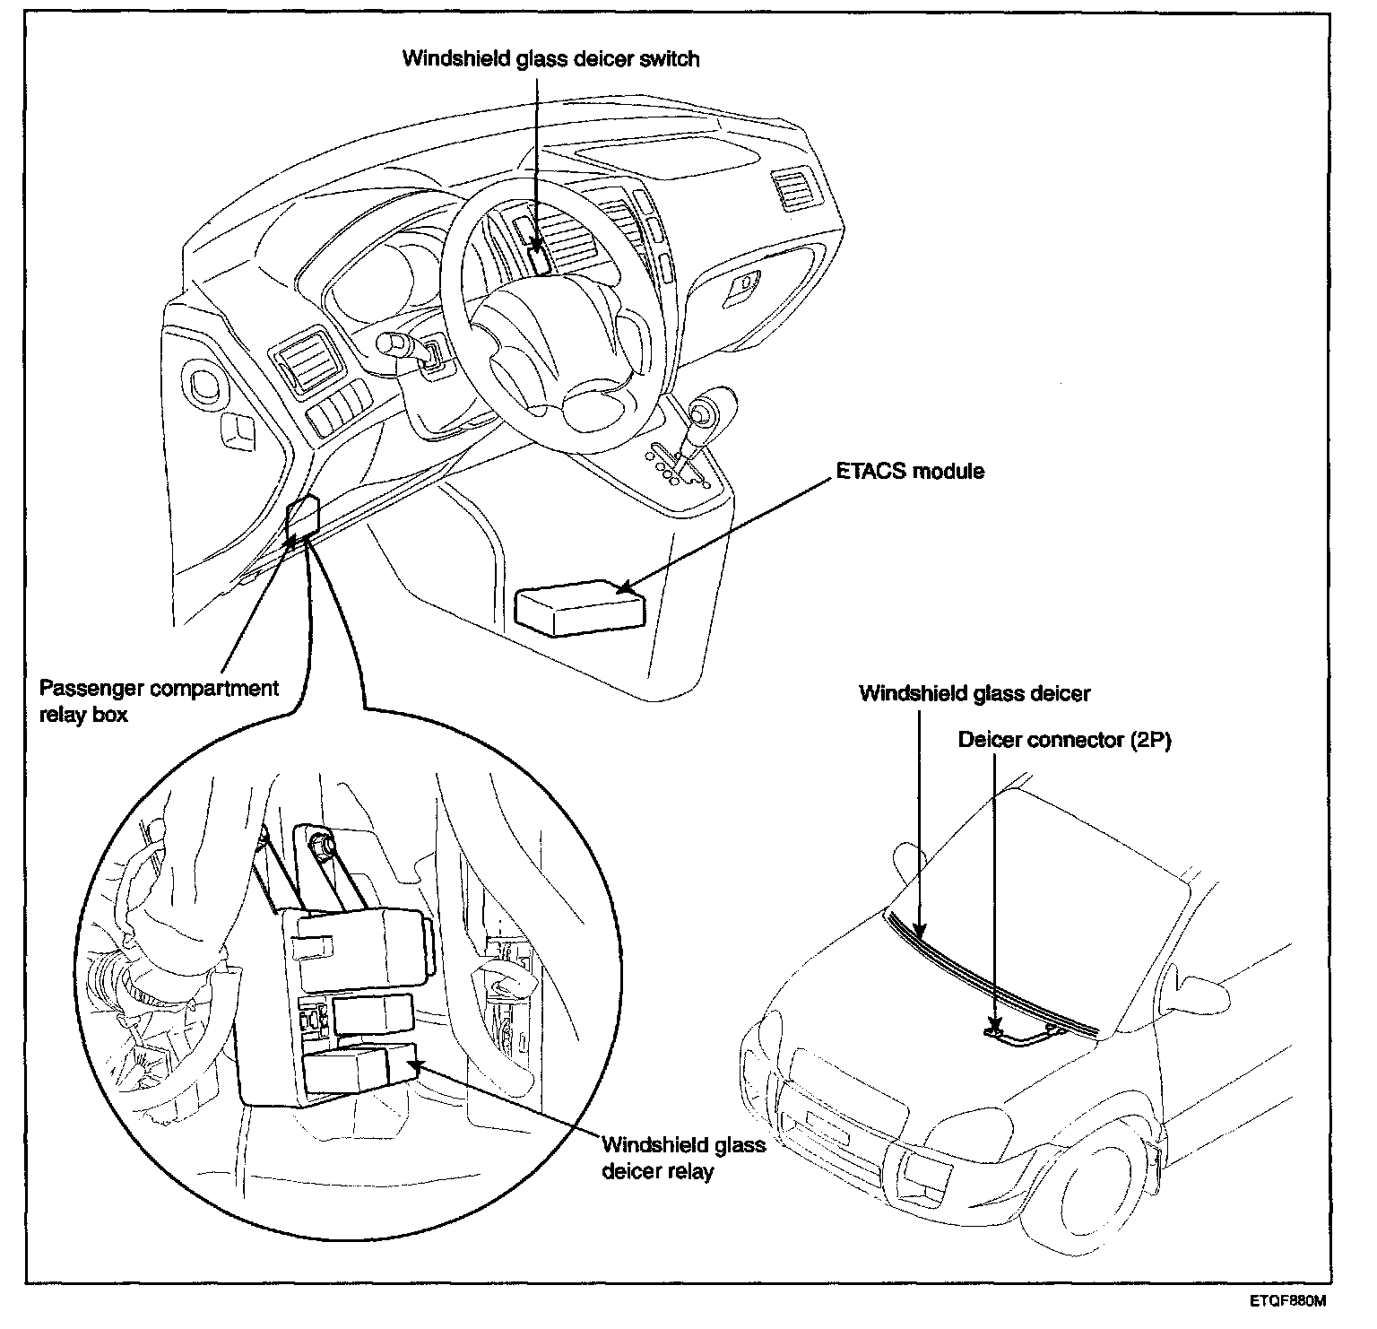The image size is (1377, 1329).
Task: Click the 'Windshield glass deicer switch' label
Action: click(x=550, y=59)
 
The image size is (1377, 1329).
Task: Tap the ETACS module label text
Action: click(x=911, y=470)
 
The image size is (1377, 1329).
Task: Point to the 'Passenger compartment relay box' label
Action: click(x=159, y=702)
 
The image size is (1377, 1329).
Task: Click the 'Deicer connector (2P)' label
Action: click(x=1065, y=740)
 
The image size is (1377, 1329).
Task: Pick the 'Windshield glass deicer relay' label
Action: click(x=683, y=1158)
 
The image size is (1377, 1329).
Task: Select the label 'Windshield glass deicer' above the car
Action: click(x=974, y=693)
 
